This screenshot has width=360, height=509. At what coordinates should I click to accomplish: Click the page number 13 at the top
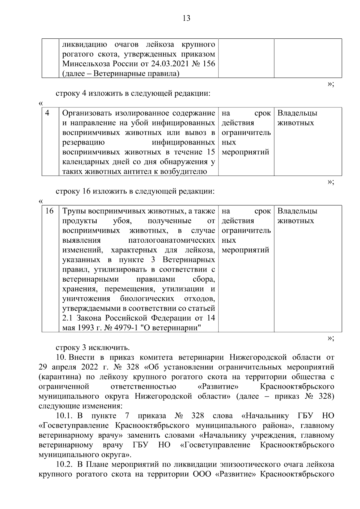pos(186,19)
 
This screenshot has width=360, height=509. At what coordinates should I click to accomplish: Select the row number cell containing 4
pos(47,113)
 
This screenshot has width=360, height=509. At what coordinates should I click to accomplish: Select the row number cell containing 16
pos(49,211)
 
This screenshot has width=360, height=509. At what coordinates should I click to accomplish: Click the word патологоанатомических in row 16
pos(171,241)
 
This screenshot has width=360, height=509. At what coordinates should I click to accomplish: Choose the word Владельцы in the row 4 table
pos(297,113)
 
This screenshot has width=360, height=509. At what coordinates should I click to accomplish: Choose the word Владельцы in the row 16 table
pos(297,211)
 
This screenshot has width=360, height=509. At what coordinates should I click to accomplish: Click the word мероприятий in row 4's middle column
pos(245,152)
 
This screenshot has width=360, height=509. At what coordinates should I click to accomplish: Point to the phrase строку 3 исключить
pos(93,348)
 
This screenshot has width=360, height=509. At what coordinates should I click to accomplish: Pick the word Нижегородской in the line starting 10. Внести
pos(258,358)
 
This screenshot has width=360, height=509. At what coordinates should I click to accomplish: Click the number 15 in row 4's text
pos(210,152)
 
